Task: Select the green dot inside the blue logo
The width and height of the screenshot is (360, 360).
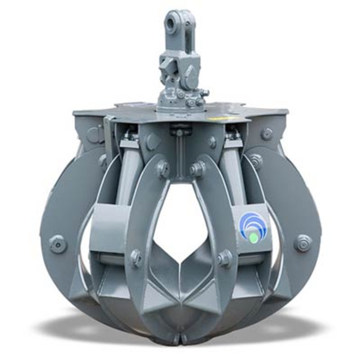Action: (254, 238)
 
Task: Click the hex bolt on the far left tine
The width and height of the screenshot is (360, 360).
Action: (58, 244)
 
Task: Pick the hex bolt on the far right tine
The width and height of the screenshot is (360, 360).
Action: (303, 243)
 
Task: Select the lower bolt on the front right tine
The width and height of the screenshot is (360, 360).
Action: (224, 257)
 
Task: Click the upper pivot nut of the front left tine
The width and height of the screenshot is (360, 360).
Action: (163, 168)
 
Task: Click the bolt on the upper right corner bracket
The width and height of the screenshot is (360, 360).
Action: (266, 134)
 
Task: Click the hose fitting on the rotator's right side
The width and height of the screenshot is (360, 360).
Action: (204, 93)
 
